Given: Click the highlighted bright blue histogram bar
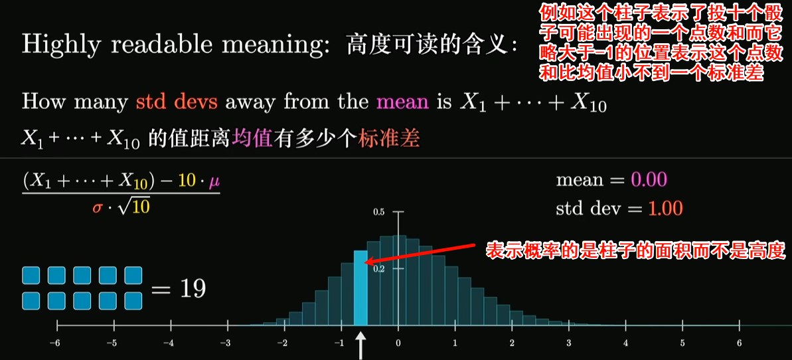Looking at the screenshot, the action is [360, 288].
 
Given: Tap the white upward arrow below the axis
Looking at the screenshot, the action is [360, 345].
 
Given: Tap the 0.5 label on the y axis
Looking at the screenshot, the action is [379, 212].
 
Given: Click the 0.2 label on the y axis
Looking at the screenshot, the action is [379, 268].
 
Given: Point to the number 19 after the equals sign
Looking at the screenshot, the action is [190, 289].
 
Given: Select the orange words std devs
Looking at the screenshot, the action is [177, 103].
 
